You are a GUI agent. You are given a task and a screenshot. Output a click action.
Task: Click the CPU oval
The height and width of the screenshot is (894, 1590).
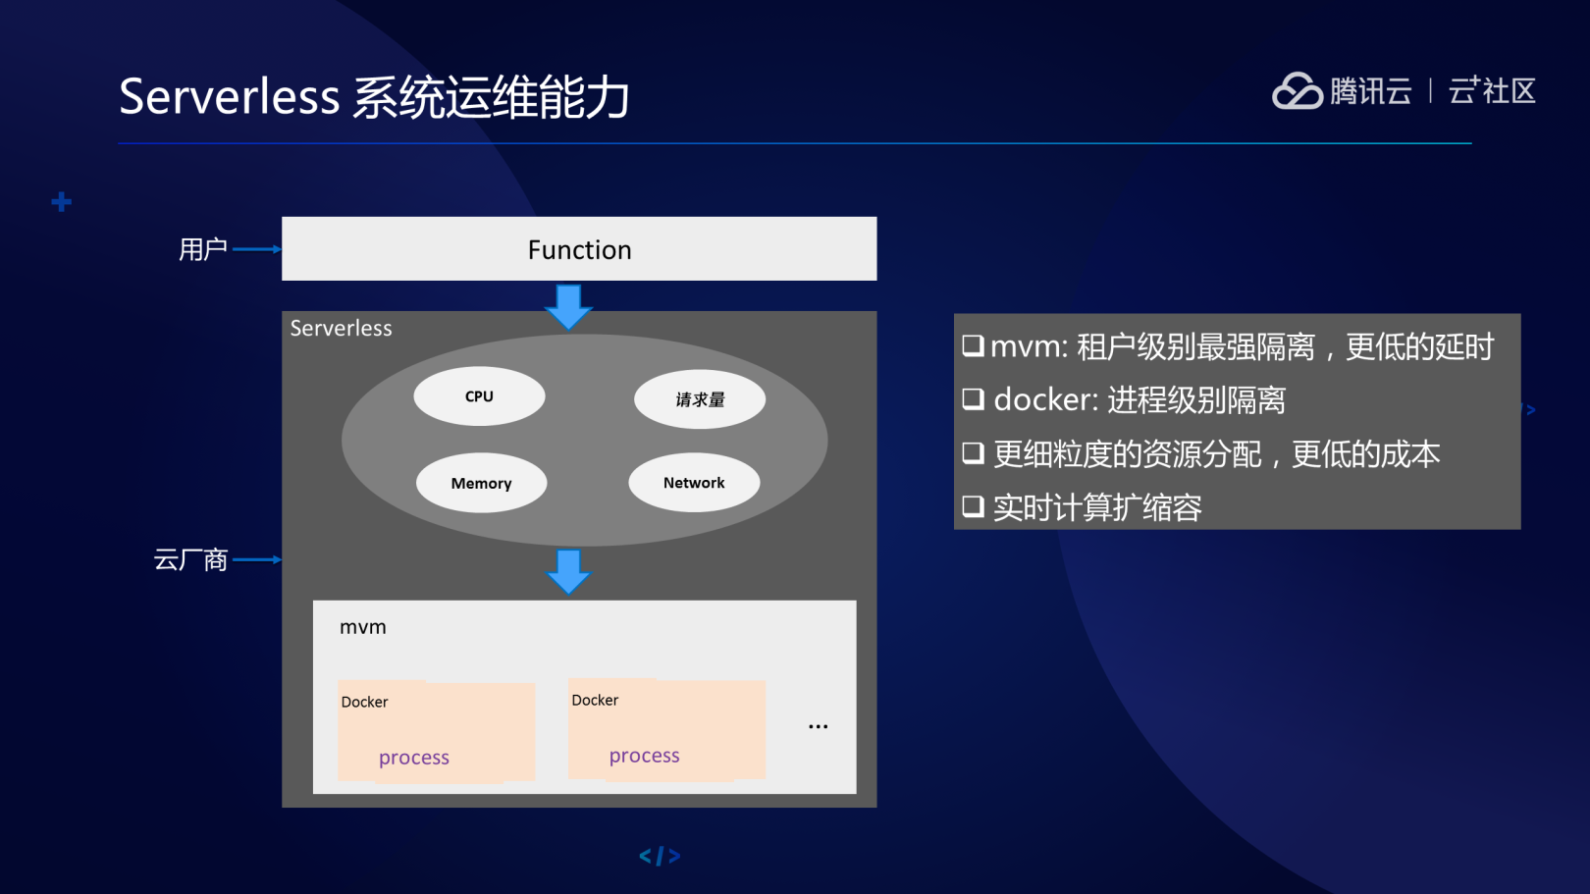479,395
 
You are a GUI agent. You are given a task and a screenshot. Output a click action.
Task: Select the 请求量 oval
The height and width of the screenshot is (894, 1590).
700,398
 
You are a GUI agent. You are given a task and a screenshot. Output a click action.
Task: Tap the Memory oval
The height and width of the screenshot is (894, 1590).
481,483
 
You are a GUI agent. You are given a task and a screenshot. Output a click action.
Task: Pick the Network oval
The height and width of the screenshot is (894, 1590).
694,483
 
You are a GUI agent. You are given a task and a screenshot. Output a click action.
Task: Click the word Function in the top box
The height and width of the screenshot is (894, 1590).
579,250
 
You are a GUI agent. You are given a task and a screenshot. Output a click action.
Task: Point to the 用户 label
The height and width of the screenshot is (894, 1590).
203,249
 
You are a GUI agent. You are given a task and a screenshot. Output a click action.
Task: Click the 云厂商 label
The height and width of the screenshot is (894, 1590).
190,559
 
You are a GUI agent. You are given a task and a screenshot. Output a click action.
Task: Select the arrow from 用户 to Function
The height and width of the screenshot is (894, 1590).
257,249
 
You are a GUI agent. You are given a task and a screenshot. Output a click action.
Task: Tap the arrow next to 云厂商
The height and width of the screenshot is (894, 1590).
257,559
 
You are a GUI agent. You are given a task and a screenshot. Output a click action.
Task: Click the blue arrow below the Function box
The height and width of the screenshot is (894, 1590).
568,306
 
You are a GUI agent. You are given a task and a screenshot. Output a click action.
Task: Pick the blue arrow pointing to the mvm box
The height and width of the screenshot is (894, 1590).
568,571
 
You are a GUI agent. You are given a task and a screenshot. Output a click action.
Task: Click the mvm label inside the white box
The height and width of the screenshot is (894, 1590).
363,627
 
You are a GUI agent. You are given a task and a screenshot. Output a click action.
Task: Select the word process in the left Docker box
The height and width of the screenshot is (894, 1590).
414,758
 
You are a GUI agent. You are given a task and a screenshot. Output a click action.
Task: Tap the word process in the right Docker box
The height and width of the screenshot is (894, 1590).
645,756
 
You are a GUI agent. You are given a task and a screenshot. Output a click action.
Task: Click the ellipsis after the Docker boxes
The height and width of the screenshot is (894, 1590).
818,726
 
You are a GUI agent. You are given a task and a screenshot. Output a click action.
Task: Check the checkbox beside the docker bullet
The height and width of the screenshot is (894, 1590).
974,398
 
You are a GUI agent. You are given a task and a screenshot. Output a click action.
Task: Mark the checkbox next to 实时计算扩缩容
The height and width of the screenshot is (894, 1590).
974,506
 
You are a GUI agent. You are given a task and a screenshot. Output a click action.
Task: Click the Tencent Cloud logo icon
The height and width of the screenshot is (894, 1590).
1297,91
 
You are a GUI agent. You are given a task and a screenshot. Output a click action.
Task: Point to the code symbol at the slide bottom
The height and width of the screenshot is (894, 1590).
661,856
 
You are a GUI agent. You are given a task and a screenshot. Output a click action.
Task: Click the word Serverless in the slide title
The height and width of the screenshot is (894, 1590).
230,96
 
